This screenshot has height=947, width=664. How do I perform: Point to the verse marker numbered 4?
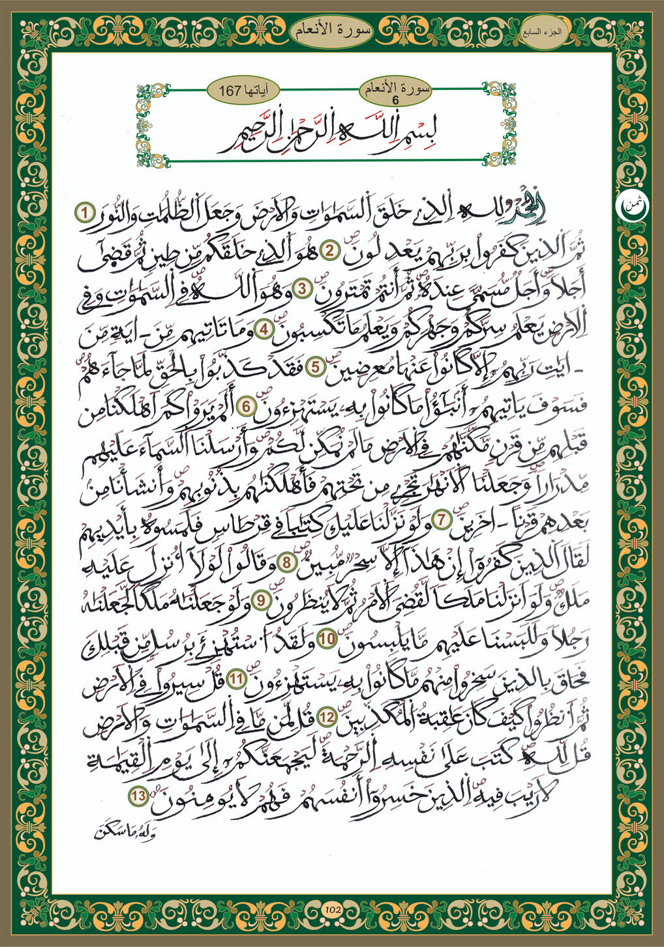pos(265,329)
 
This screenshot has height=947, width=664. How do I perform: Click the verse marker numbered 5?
pos(316,366)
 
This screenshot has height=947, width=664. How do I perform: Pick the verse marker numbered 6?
pos(249,406)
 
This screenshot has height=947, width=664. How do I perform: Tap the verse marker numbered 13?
pos(138,795)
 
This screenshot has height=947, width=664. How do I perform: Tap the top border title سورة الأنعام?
pos(333,29)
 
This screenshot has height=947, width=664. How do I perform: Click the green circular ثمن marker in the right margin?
pos(629,204)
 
